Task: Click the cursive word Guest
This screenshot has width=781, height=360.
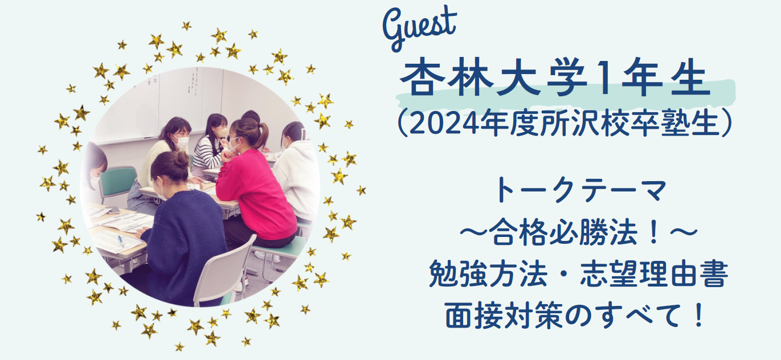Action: coord(419,28)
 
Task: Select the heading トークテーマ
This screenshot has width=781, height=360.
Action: coord(582,190)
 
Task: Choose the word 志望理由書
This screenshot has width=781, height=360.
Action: coord(654,274)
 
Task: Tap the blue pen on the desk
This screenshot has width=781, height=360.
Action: coord(121,240)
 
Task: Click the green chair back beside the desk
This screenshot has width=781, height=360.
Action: coord(118,181)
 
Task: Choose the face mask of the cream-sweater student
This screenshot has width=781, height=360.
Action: coord(181,142)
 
